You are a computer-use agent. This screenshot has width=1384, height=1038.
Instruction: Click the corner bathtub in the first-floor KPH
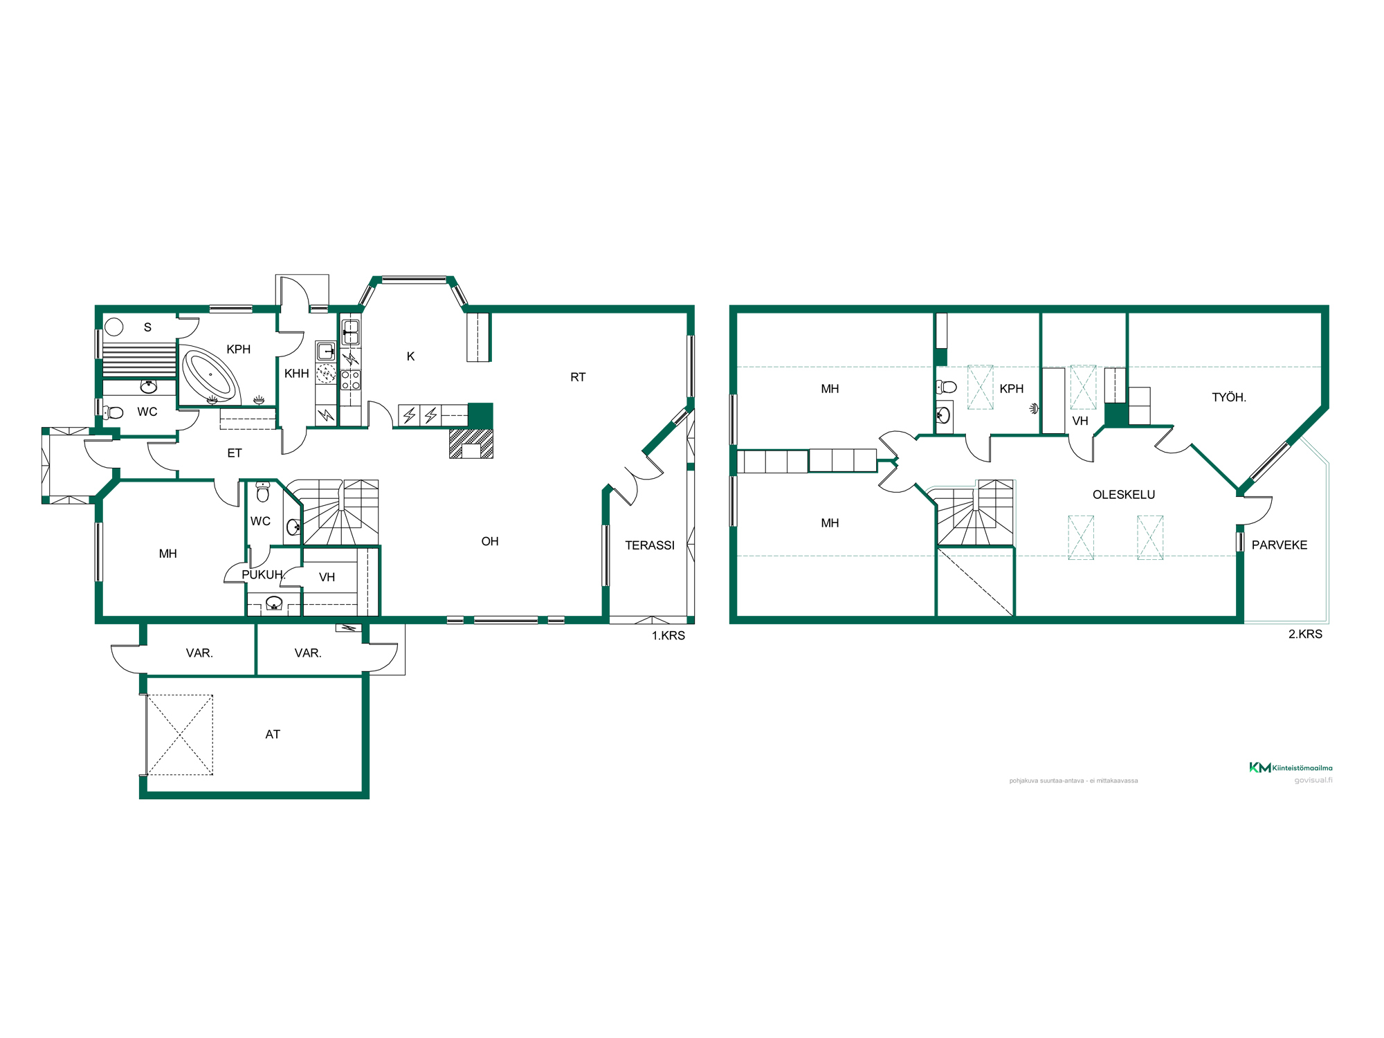[x=210, y=374]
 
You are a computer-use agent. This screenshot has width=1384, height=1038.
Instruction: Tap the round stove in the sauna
[x=114, y=327]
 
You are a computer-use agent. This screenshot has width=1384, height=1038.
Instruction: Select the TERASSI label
[x=650, y=545]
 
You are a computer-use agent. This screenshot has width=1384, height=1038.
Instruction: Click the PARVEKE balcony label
[x=1280, y=545]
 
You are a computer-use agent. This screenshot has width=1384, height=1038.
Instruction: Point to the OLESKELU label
[x=1124, y=495]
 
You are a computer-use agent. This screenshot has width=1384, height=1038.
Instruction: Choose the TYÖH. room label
[x=1229, y=397]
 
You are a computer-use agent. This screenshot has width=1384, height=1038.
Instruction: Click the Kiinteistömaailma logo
[x=1291, y=767]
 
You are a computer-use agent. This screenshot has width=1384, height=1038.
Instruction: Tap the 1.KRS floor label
[x=668, y=636]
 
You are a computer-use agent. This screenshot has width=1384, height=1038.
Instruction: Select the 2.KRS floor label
[x=1305, y=635]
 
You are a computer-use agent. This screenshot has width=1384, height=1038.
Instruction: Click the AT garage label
[x=273, y=734]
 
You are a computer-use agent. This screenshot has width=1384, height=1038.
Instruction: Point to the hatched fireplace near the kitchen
[x=471, y=444]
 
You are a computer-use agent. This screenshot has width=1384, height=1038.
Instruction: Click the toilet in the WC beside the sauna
[x=113, y=412]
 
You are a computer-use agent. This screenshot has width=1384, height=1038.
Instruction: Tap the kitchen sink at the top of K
[x=351, y=332]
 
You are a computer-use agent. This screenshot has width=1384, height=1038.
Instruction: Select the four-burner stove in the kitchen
[x=351, y=380]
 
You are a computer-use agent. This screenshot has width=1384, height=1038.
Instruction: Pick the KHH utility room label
[x=297, y=374]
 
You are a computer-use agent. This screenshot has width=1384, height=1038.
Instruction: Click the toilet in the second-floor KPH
[x=946, y=387]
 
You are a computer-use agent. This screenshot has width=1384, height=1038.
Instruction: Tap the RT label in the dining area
[x=578, y=377]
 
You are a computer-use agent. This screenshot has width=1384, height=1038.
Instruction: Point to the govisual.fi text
[x=1313, y=781]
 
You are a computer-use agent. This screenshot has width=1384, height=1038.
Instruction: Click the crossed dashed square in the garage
[x=180, y=735]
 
